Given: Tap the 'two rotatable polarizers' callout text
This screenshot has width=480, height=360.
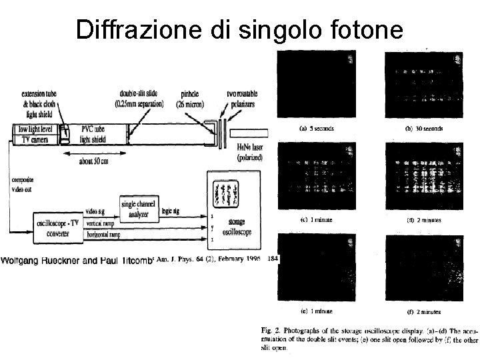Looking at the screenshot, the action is click(x=241, y=98).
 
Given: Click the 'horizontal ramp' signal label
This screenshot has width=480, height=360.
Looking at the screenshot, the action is click(x=105, y=235).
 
